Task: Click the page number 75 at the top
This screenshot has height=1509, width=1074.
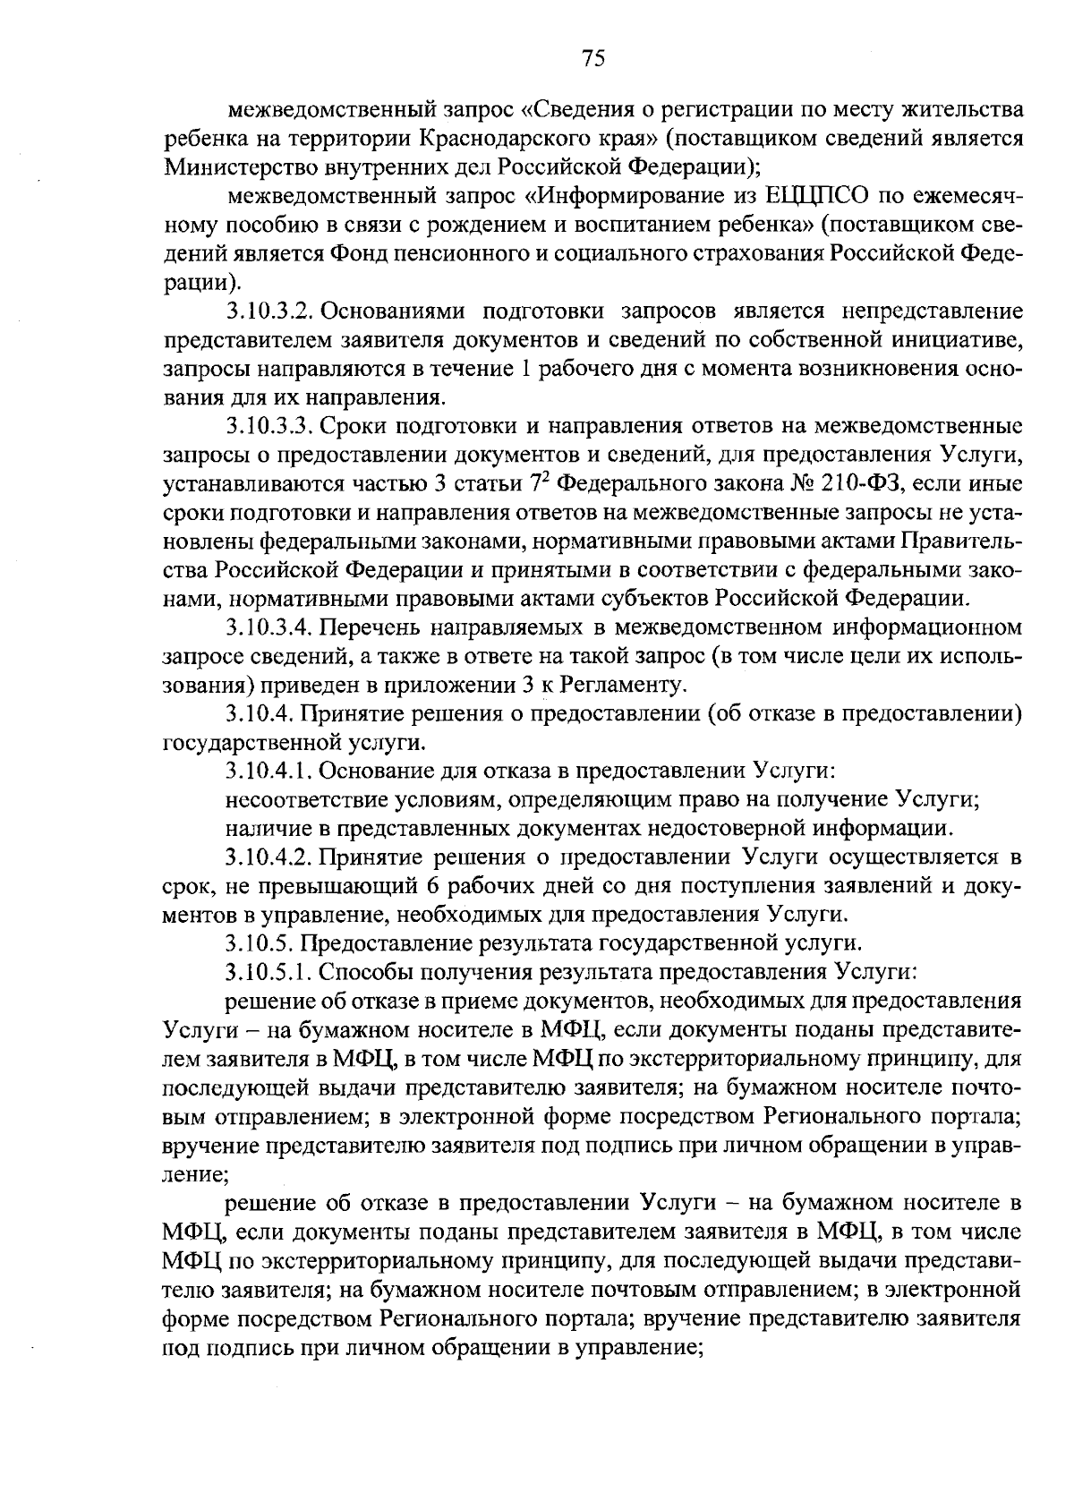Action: point(593,59)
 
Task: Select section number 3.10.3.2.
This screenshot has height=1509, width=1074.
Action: point(268,311)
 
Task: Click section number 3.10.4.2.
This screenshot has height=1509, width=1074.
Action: point(268,858)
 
